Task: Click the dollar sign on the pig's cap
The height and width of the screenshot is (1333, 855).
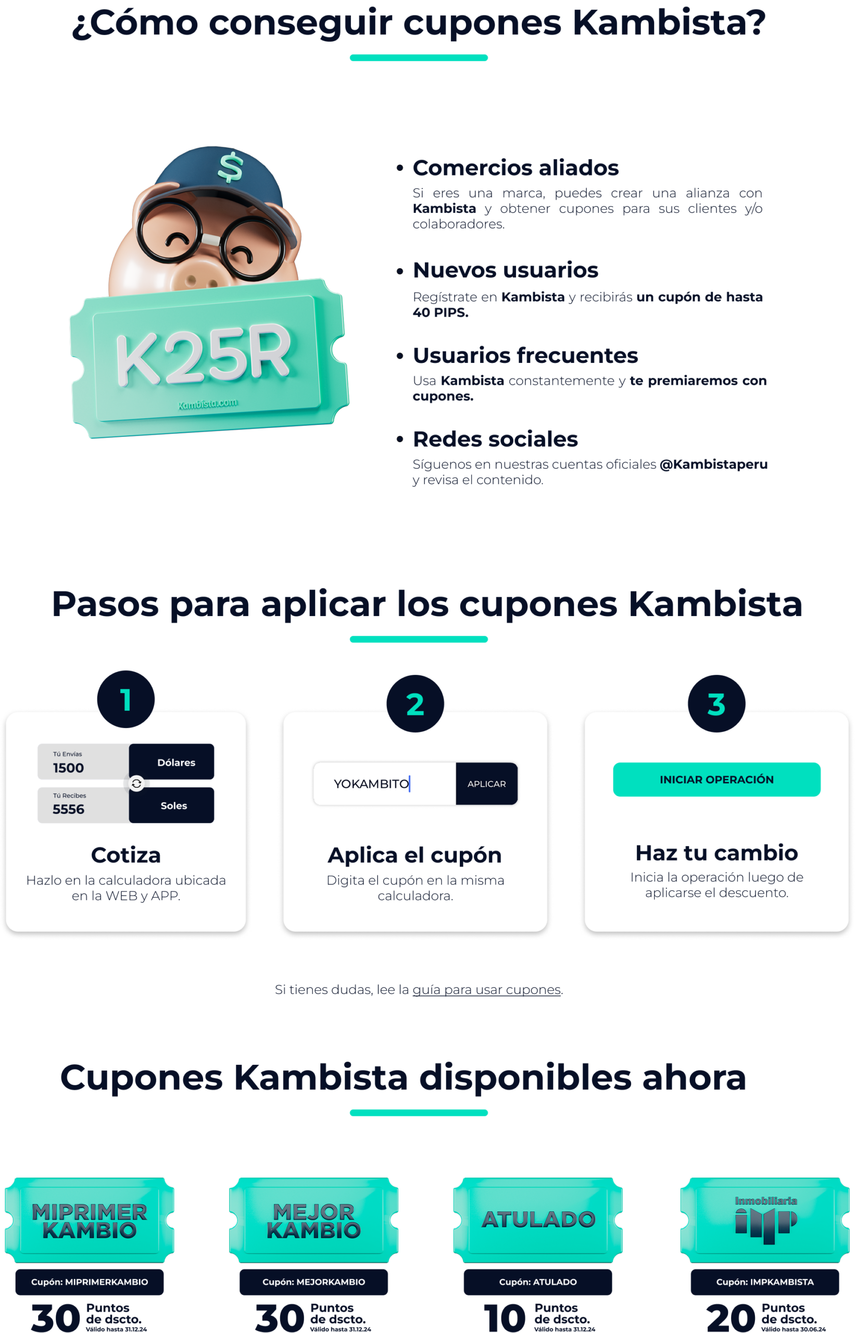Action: pyautogui.click(x=230, y=167)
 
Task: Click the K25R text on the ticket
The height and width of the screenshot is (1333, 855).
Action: pyautogui.click(x=203, y=354)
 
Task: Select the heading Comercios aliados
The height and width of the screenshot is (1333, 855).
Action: pyautogui.click(x=516, y=168)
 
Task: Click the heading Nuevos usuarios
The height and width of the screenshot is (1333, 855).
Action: pyautogui.click(x=506, y=270)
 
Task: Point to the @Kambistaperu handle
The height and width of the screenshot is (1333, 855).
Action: pyautogui.click(x=713, y=464)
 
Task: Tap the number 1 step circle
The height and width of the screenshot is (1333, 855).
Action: pyautogui.click(x=126, y=699)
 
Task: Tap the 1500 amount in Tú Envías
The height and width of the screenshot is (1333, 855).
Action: pyautogui.click(x=68, y=769)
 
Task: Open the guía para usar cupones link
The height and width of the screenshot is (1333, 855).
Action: pyautogui.click(x=486, y=990)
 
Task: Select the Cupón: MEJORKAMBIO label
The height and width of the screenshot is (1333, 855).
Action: pyautogui.click(x=313, y=1282)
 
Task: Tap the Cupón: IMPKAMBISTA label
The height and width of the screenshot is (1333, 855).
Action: pyautogui.click(x=765, y=1282)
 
